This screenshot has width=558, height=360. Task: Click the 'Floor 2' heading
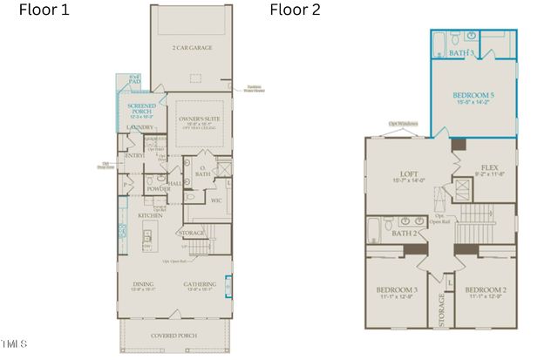(295, 10)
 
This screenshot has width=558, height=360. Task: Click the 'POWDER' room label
(159, 188)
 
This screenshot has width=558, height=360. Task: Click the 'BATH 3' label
(462, 53)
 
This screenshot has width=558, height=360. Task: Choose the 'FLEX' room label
(489, 167)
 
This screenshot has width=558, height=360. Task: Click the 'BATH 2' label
(405, 234)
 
